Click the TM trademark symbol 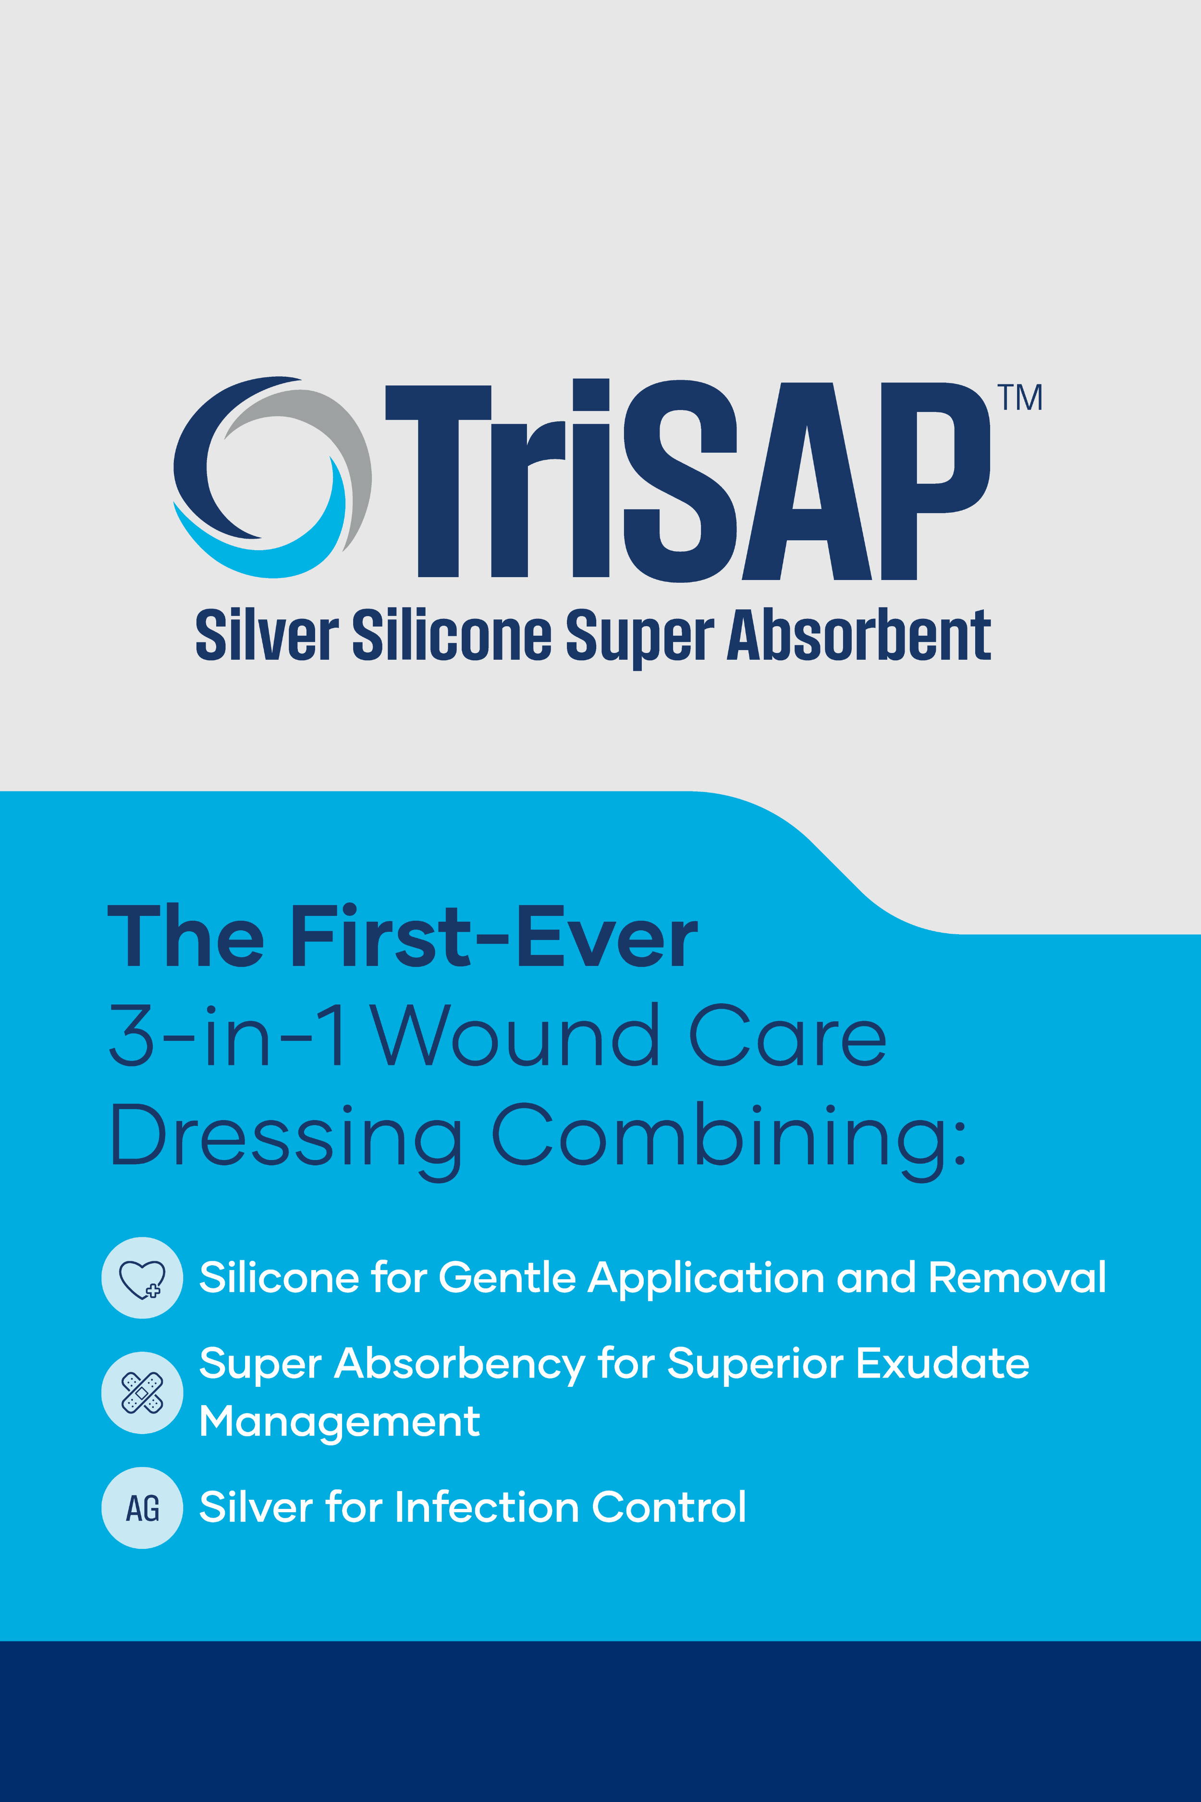[x=1019, y=397]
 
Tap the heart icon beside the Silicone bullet [x=143, y=1278]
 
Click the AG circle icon [x=143, y=1508]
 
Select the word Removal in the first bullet [x=1017, y=1277]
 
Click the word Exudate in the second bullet [x=942, y=1364]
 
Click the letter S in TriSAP [x=680, y=481]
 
